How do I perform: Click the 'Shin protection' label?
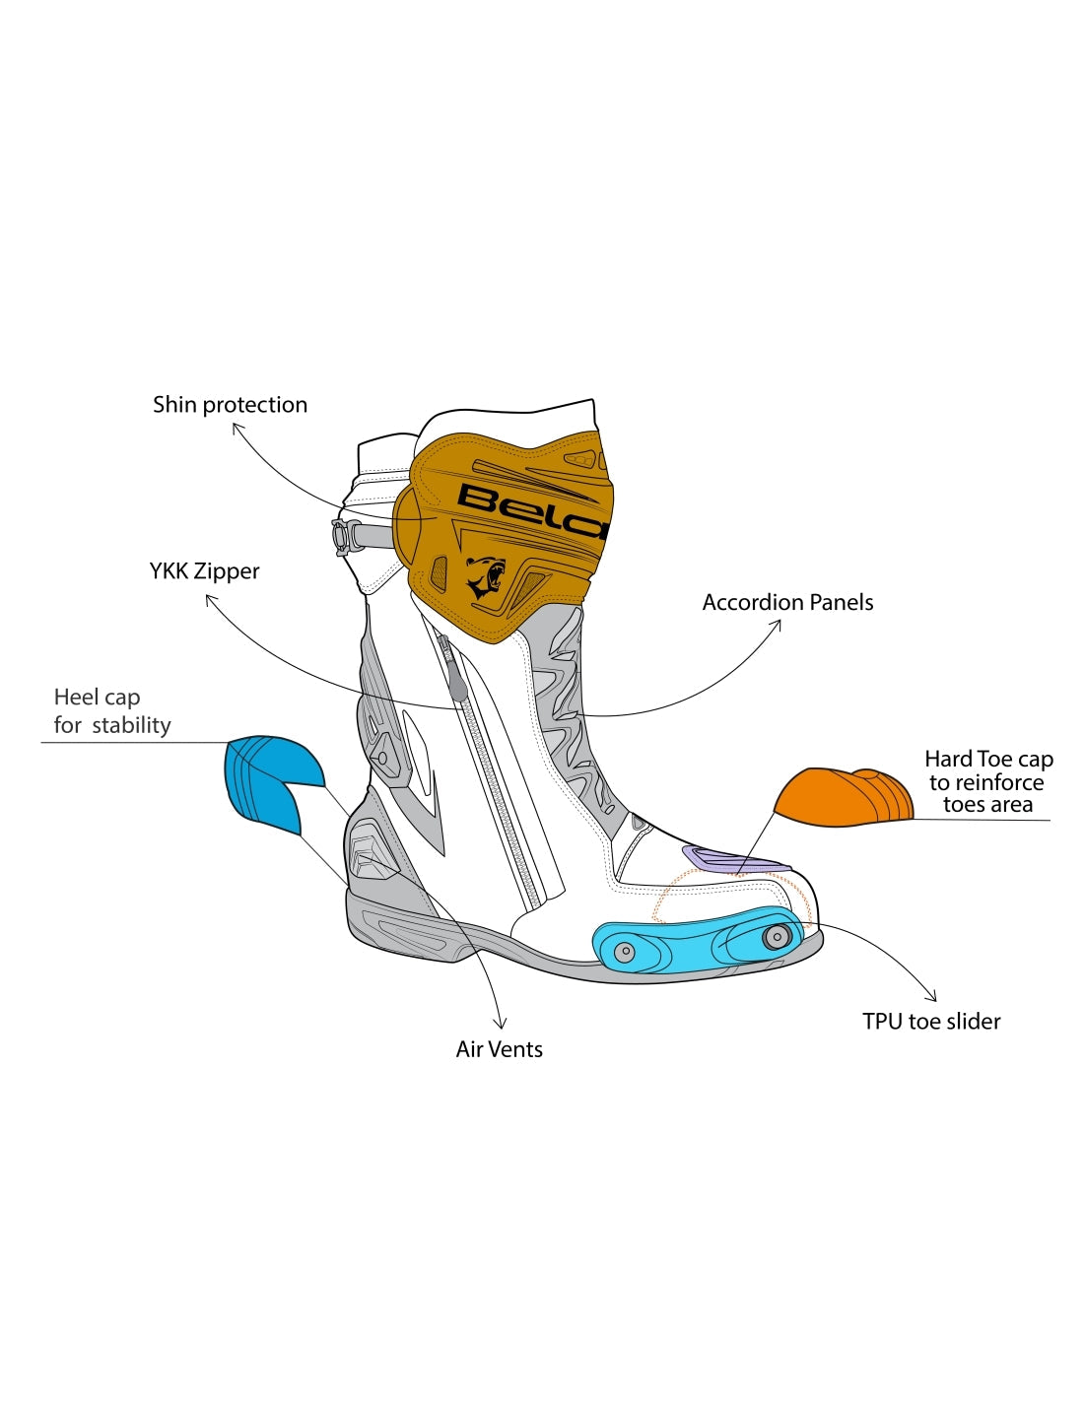(230, 405)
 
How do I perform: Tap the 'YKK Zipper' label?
(204, 571)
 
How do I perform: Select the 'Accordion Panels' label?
(787, 603)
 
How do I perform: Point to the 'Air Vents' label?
(499, 1049)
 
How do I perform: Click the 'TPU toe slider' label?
(931, 1022)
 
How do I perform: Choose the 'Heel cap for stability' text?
(111, 711)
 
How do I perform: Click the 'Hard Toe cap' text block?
(988, 782)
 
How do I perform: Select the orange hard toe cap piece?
(844, 798)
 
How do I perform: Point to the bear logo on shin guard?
(485, 577)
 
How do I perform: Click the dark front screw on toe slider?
(777, 935)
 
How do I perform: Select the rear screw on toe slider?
(624, 952)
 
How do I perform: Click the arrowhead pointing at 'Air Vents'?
(502, 1025)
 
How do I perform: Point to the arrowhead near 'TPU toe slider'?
(932, 997)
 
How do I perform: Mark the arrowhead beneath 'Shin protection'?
(236, 428)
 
